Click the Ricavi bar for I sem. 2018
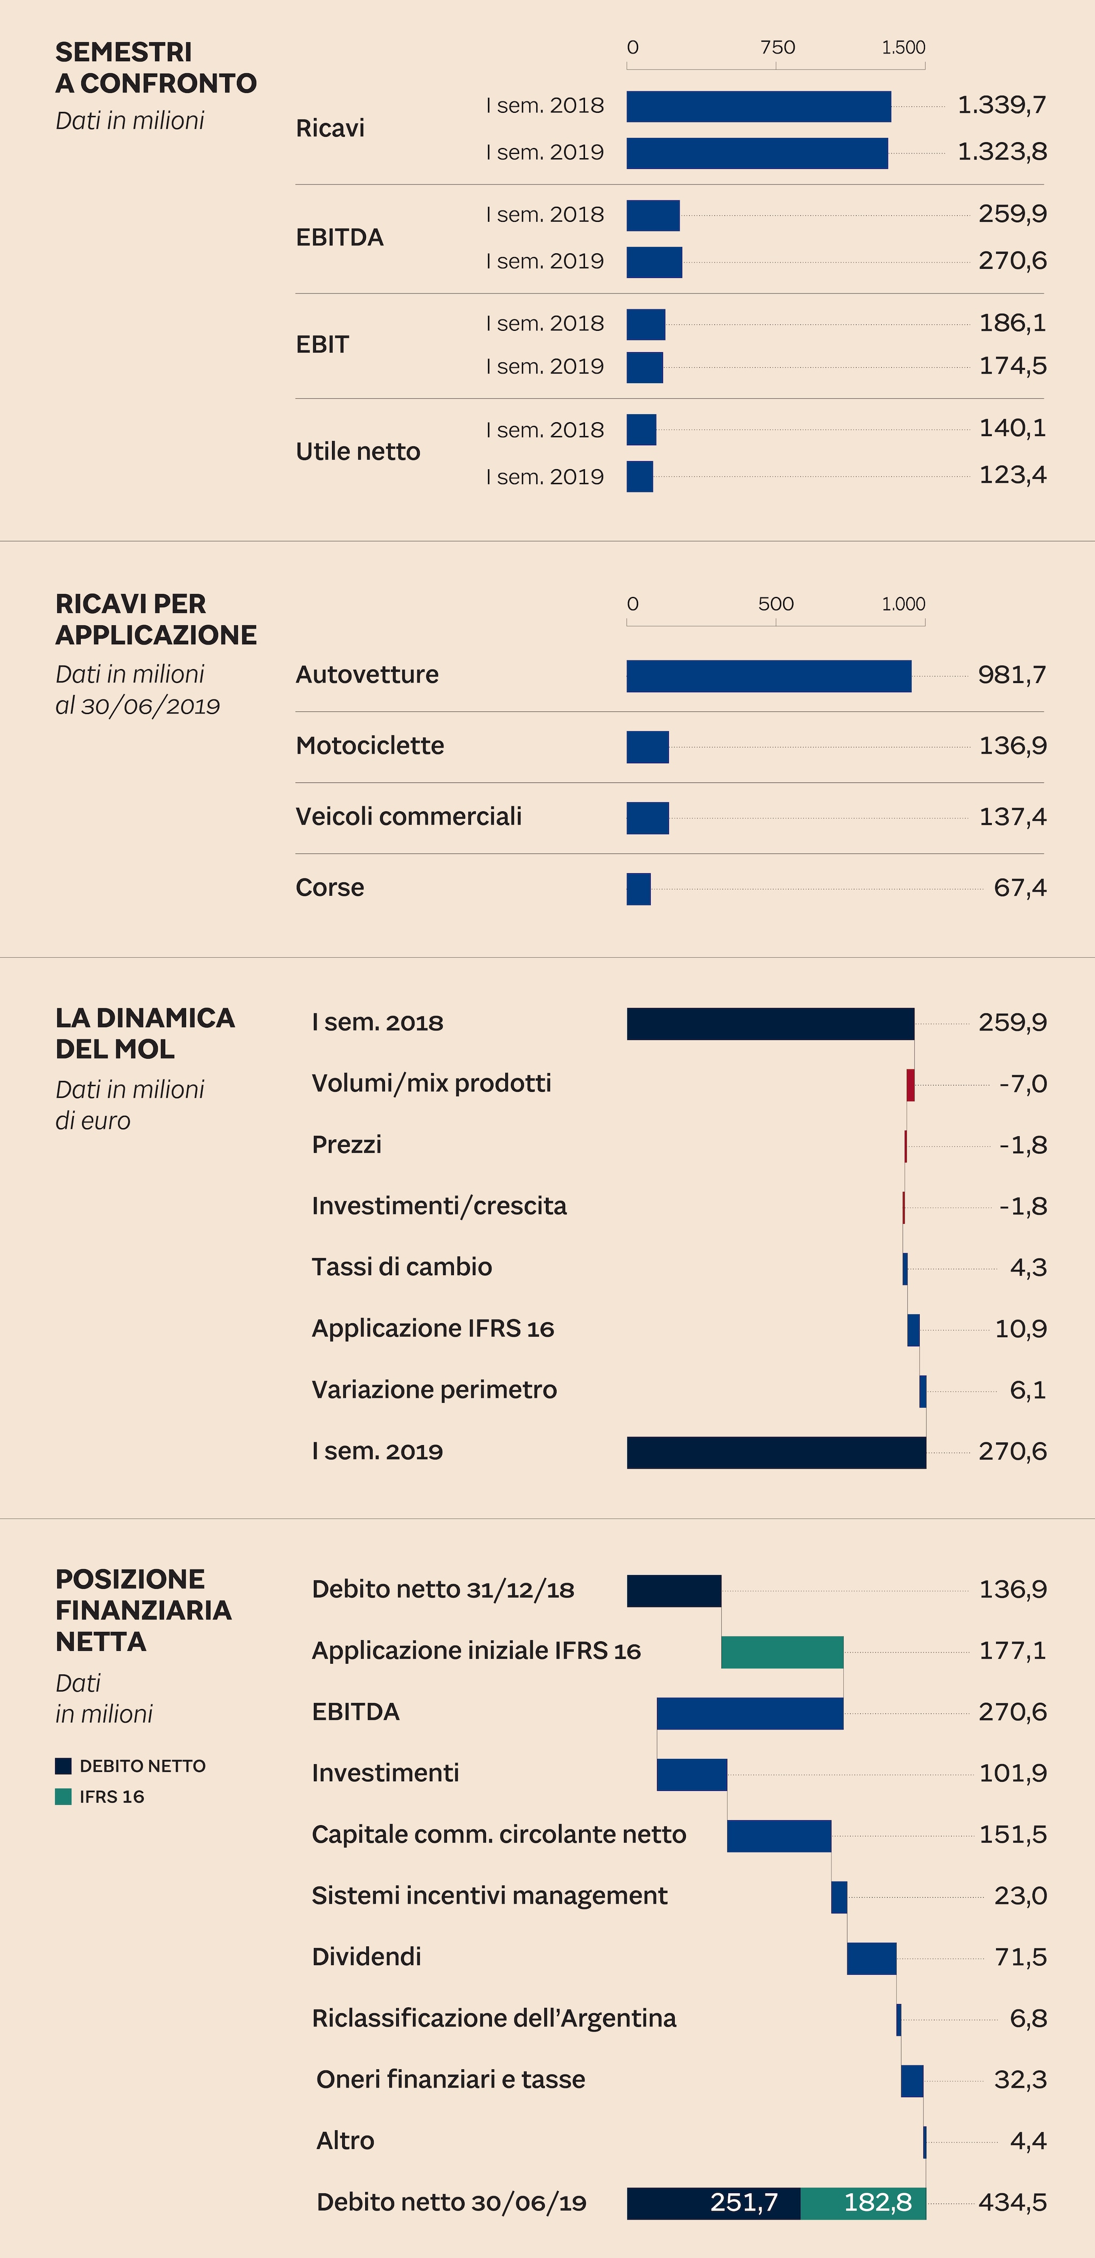[758, 106]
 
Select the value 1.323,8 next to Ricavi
[1001, 152]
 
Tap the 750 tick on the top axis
[777, 48]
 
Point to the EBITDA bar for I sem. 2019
[654, 262]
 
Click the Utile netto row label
[358, 452]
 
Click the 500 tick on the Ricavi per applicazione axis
[776, 604]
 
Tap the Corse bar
[638, 889]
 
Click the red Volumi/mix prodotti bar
[910, 1085]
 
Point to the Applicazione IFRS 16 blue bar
[913, 1330]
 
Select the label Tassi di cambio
[402, 1267]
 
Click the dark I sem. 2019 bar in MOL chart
[776, 1453]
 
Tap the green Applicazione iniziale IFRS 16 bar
[782, 1652]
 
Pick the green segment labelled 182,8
[863, 2203]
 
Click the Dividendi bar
[872, 1958]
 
